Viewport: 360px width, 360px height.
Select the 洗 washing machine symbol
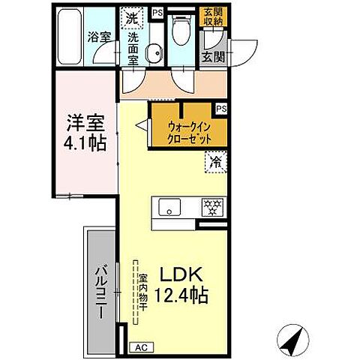[132, 16]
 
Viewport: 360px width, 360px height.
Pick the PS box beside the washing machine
[157, 12]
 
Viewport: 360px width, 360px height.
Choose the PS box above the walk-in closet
[221, 109]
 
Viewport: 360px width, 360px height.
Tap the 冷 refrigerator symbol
[215, 161]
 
